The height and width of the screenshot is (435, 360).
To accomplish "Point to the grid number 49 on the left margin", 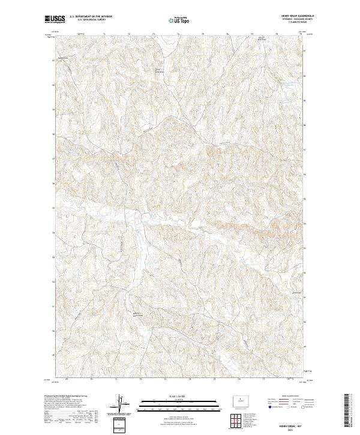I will tap(54, 354).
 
